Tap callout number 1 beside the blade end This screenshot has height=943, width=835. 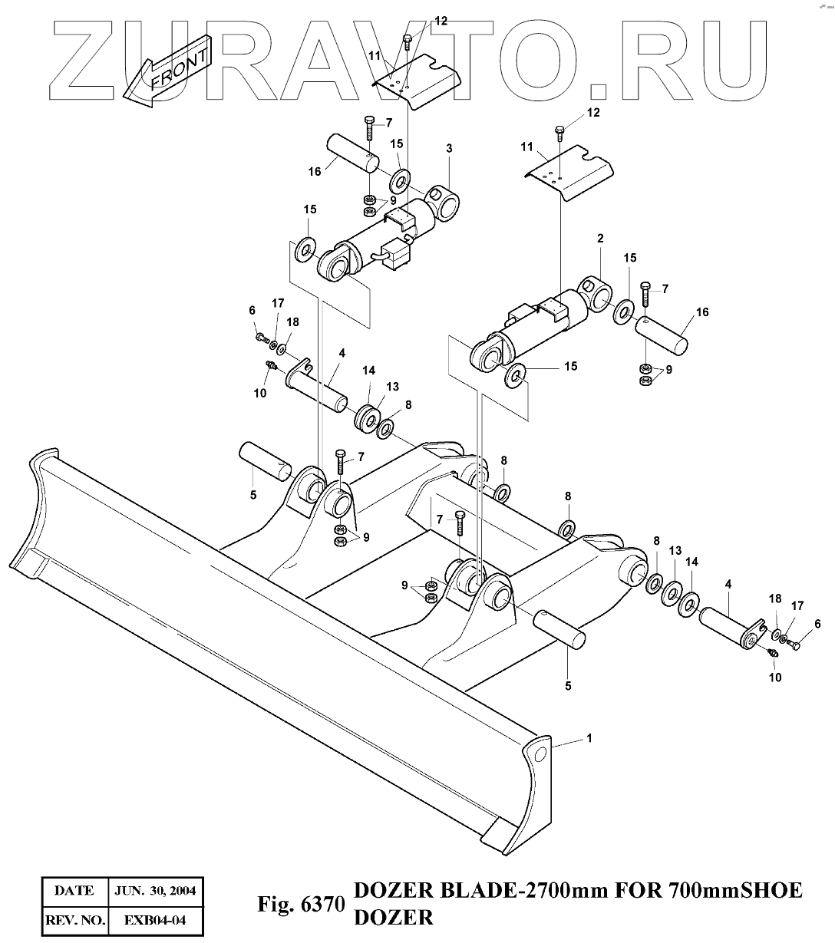[589, 738]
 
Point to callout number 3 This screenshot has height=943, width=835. [449, 147]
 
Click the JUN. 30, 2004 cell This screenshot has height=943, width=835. [155, 891]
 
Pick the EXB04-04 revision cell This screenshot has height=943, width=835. [155, 918]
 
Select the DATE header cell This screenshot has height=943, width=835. [74, 891]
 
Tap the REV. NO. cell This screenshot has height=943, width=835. [74, 918]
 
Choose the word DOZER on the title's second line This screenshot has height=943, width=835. [392, 916]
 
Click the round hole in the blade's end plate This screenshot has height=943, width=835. [540, 755]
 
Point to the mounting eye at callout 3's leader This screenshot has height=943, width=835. [444, 200]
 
